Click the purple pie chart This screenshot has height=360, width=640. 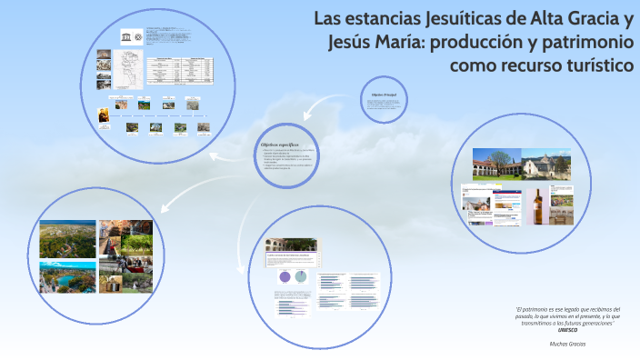[283, 276]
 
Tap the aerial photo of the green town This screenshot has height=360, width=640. [68, 238]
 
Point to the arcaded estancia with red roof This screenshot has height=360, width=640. [497, 166]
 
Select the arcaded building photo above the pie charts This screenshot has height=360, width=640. [289, 246]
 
